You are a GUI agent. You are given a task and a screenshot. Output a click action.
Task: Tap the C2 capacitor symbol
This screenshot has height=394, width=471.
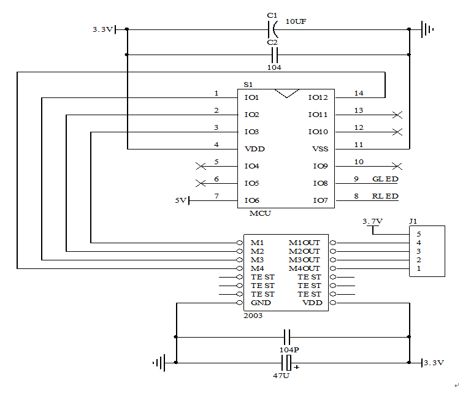click(273, 55)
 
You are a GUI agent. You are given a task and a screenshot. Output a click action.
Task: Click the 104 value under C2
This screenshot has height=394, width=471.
click(274, 67)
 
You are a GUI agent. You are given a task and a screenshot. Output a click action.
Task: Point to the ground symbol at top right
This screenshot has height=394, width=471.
click(427, 29)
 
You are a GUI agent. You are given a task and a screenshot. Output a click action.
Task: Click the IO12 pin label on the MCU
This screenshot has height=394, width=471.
click(318, 97)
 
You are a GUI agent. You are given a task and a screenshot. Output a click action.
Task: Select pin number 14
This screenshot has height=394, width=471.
click(359, 93)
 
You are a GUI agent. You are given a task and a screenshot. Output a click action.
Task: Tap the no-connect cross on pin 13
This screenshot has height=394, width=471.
click(397, 115)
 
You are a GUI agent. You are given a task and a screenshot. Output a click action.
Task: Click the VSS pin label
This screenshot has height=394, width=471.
click(320, 149)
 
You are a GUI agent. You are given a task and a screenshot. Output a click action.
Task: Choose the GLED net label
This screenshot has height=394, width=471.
click(385, 179)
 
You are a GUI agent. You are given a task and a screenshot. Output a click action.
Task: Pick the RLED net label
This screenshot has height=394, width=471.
click(385, 196)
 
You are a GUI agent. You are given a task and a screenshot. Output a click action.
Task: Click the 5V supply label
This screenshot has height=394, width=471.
click(180, 200)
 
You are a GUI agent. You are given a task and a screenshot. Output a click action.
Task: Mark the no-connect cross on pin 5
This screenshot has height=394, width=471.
click(199, 166)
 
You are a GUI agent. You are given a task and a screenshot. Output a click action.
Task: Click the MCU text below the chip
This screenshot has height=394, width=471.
click(260, 213)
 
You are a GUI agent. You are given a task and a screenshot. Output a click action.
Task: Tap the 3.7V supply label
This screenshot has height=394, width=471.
click(372, 221)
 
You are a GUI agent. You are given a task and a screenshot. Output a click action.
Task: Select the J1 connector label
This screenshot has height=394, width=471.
click(413, 221)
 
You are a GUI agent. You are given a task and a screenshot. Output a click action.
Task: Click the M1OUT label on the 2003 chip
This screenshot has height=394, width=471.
click(304, 243)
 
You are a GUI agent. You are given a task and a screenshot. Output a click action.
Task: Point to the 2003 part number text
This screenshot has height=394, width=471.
click(253, 315)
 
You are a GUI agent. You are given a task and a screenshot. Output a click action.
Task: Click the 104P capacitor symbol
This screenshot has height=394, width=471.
click(286, 336)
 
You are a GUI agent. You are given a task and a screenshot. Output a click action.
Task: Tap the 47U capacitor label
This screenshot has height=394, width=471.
click(281, 375)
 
